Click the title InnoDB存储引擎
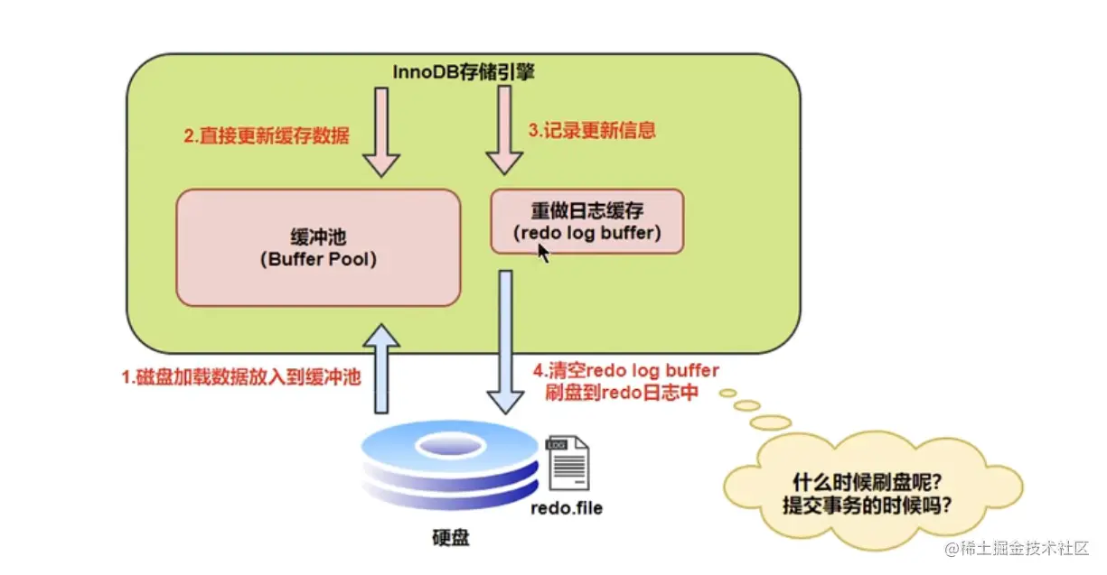click(464, 72)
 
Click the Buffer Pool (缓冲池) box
click(317, 247)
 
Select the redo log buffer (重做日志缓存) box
click(586, 221)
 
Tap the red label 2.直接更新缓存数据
click(267, 135)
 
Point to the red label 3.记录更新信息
click(591, 130)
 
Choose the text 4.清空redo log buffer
click(625, 371)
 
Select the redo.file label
click(566, 508)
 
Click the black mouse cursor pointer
click(543, 252)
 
